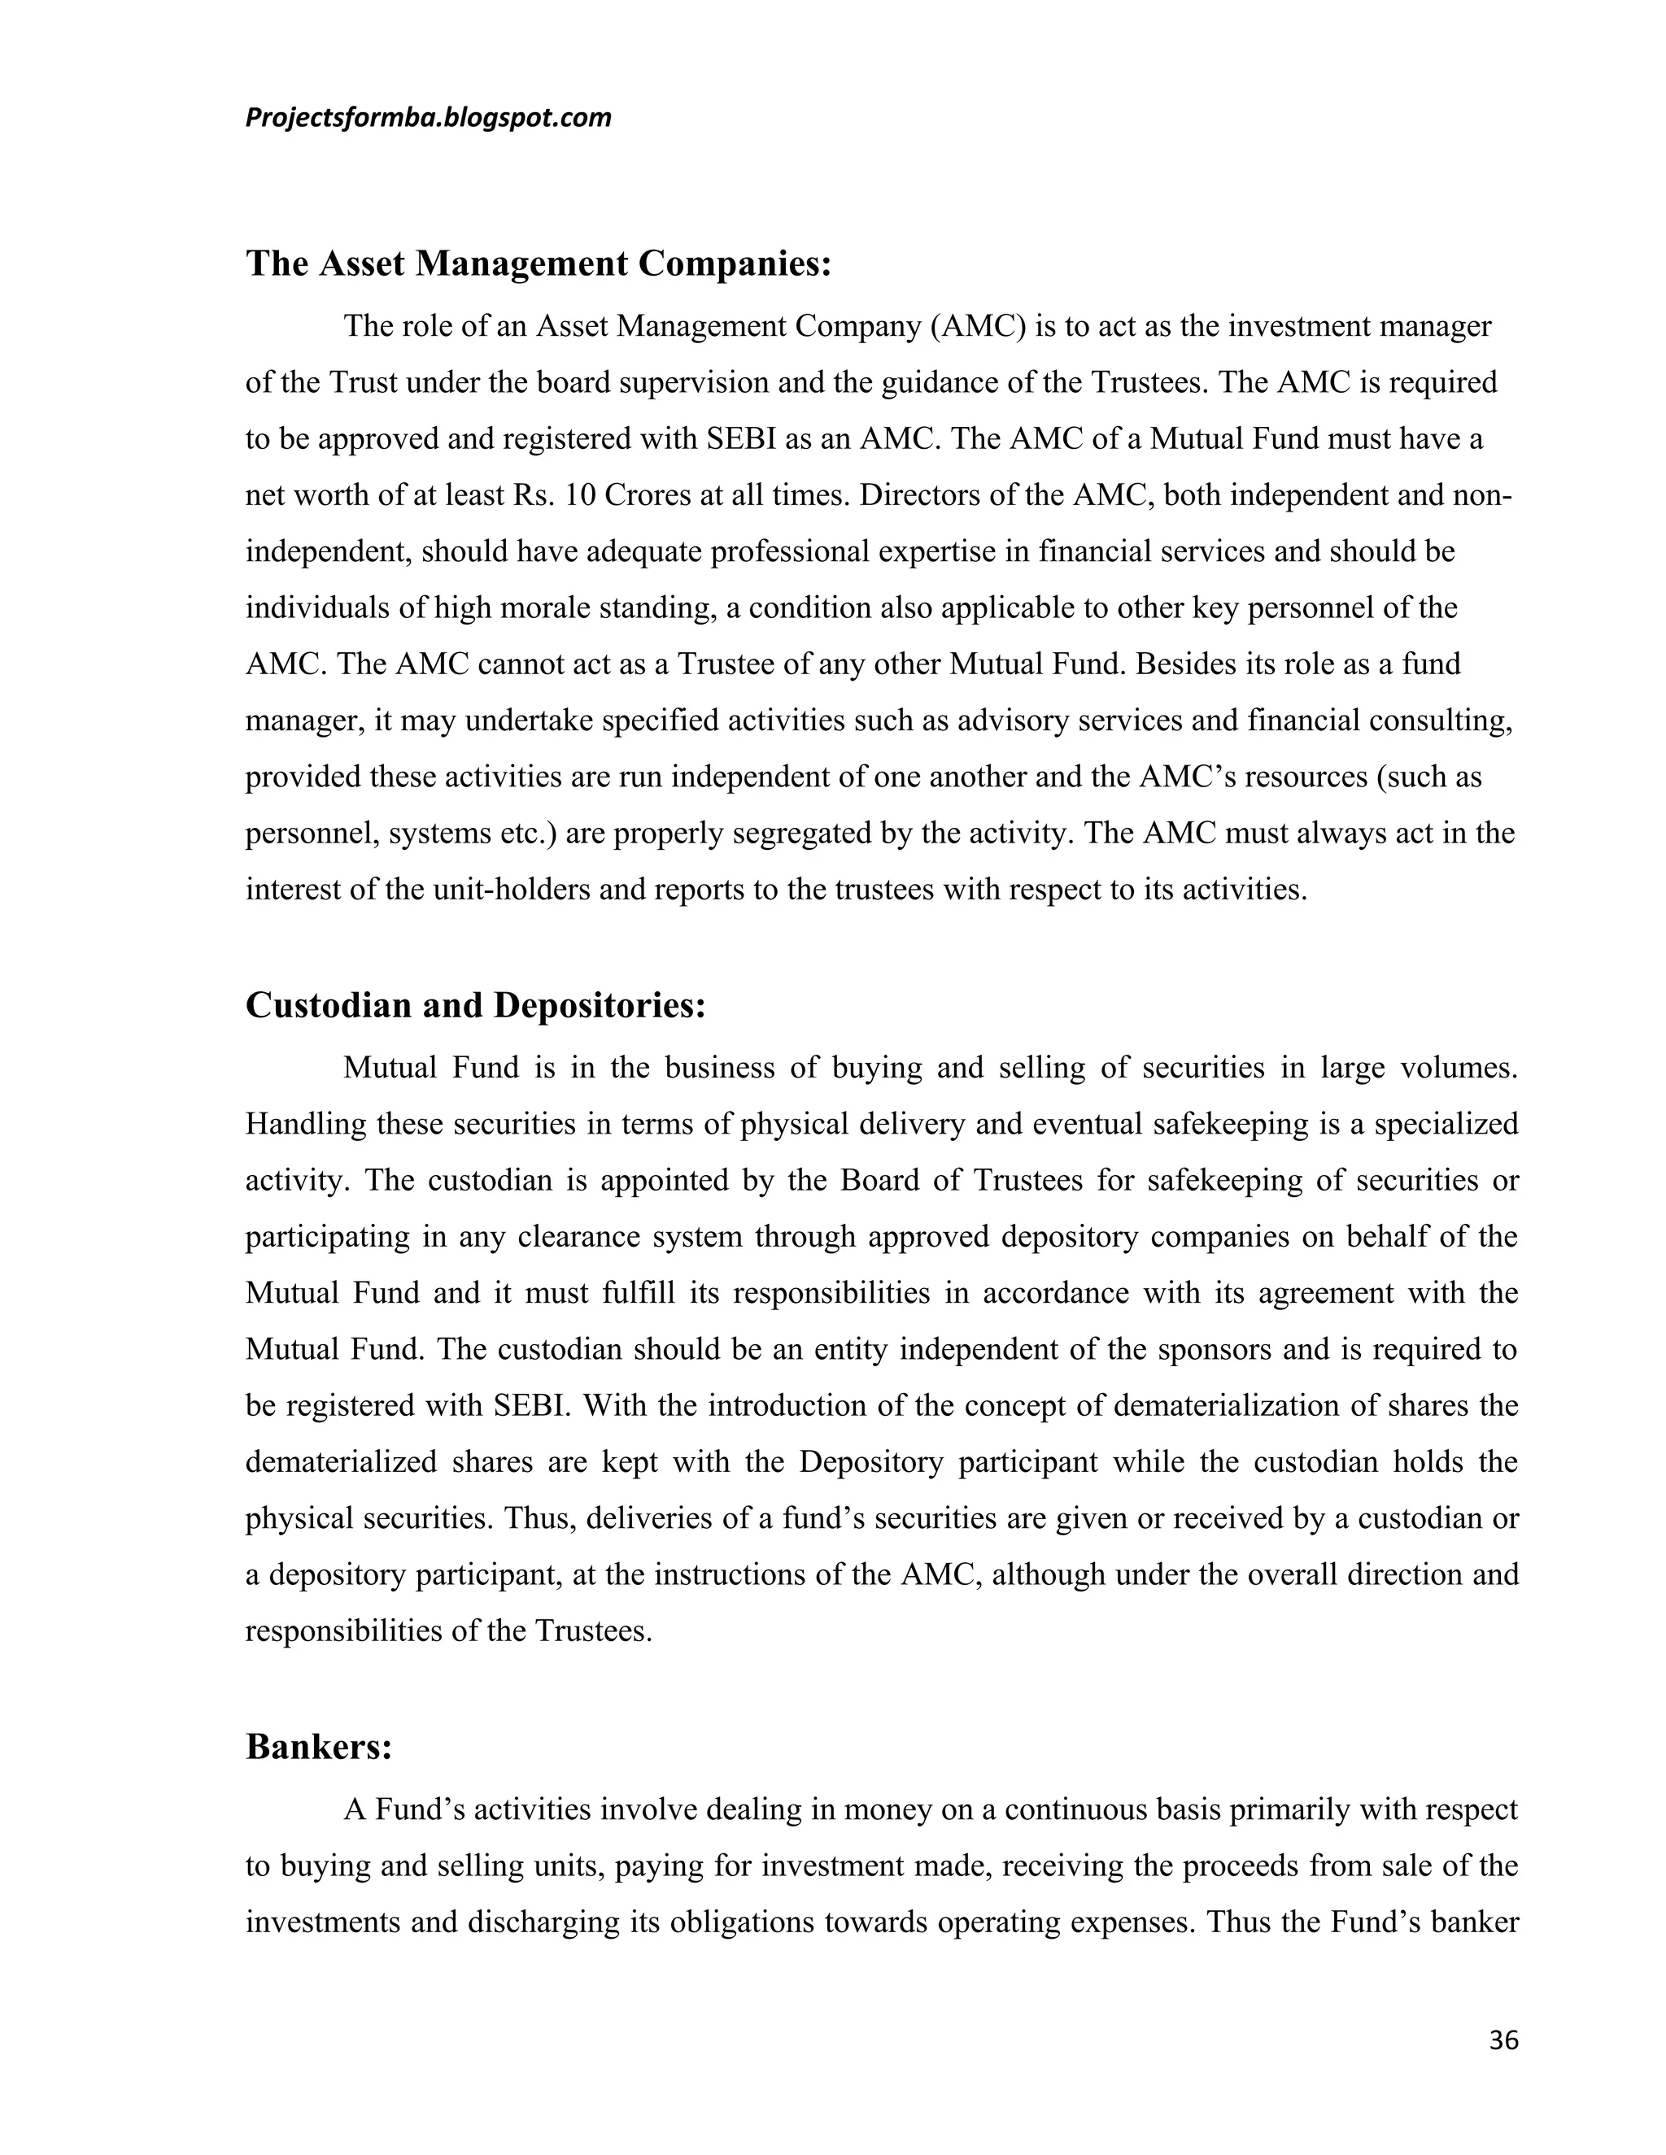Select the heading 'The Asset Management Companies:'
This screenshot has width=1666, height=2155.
coord(539,263)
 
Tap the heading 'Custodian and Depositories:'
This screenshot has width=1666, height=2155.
coord(476,1004)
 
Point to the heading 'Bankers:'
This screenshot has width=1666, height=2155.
coord(319,1747)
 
